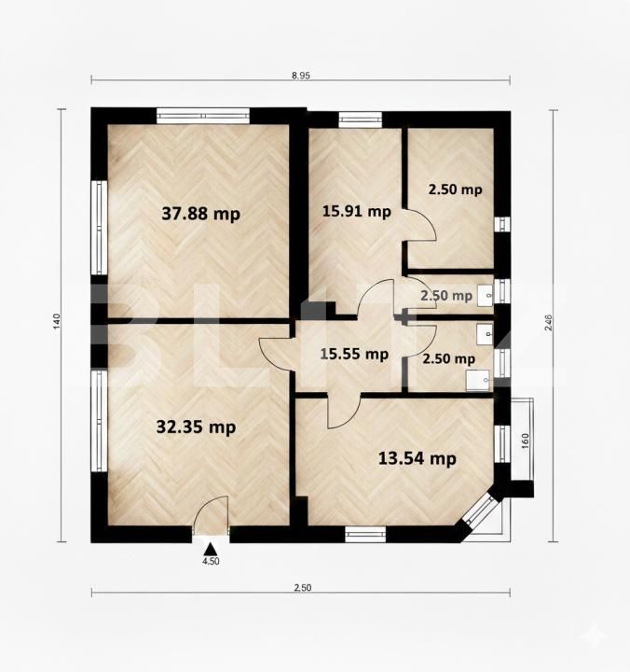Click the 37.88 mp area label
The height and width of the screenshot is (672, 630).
[200, 214]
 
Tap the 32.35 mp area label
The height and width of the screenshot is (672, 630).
[196, 427]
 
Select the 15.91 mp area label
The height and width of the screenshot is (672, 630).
[355, 211]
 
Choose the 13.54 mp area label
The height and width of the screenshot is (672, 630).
[417, 458]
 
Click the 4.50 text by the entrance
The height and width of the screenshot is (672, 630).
[212, 562]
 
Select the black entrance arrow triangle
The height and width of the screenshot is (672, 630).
[212, 549]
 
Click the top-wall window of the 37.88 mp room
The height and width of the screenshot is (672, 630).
[202, 117]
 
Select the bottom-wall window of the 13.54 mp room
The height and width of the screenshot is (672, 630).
[365, 534]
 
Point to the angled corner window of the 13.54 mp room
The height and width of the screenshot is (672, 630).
[482, 512]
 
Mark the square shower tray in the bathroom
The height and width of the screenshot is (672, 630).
[479, 379]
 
